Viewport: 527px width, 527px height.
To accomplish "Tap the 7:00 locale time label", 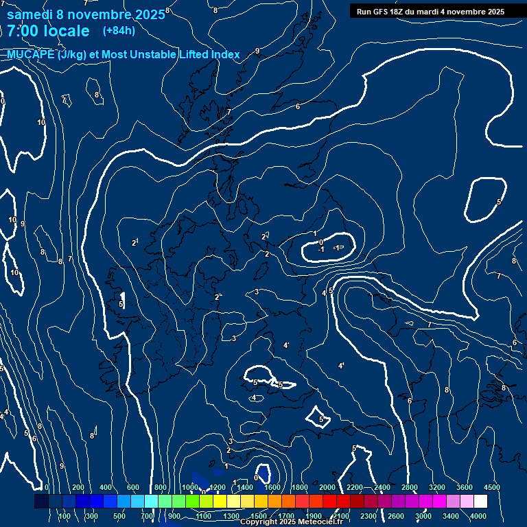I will tap(48, 31).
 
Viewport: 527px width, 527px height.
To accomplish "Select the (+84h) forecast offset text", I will tap(119, 30).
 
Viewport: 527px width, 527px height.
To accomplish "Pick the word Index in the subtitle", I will tap(225, 55).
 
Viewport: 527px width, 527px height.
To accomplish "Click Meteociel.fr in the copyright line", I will tap(317, 522).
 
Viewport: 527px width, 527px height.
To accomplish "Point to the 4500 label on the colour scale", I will tap(492, 487).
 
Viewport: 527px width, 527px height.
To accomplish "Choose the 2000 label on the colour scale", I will tap(327, 487).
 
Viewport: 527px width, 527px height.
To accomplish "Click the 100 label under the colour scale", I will tap(65, 516).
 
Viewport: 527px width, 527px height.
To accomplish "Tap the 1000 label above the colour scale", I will tap(189, 487).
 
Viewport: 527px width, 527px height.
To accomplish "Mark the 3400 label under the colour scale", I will tap(451, 516).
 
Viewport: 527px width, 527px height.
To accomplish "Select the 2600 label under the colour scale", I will tap(396, 516).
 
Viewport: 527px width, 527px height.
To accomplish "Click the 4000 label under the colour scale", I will tap(478, 516).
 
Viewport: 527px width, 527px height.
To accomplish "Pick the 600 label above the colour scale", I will tap(132, 487).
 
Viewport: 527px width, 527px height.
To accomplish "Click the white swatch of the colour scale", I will tap(499, 502).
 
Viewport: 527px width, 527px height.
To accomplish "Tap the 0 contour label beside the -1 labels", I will tap(320, 242).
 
